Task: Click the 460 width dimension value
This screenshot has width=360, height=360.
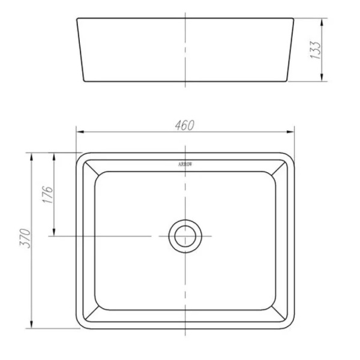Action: pos(185,124)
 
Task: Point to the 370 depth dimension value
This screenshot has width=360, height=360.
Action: pos(24,240)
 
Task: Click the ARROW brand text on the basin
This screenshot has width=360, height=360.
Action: pos(185,163)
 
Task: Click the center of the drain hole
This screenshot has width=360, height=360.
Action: pos(185,236)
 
